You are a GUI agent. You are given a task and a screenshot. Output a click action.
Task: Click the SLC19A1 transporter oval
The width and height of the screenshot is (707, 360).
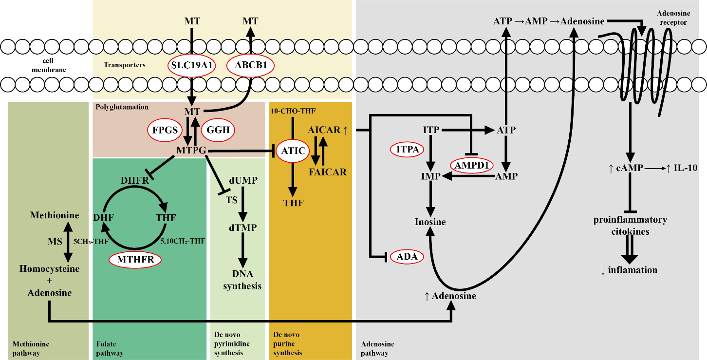tap(191, 65)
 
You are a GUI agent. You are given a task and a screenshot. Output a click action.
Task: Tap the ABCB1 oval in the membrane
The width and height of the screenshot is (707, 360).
tap(251, 65)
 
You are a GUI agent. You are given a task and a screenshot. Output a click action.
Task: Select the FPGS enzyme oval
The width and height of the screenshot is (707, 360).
tap(165, 130)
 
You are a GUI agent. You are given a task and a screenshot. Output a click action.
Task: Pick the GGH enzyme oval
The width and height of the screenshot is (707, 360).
tap(218, 130)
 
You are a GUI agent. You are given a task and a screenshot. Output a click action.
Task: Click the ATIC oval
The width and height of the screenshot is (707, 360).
tap(293, 151)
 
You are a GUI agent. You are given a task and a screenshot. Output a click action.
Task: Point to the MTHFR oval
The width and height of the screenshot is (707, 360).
tap(135, 260)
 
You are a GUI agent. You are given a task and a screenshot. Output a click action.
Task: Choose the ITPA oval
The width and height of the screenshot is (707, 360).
tap(407, 150)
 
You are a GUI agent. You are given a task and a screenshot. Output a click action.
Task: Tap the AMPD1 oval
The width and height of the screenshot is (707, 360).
tap(471, 165)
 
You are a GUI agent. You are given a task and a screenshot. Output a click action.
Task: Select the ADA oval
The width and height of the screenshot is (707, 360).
tap(407, 256)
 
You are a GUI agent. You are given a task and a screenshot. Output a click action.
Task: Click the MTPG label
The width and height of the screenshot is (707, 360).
tap(191, 151)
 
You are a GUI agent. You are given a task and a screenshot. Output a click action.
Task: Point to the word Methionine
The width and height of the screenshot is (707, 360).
tap(55, 215)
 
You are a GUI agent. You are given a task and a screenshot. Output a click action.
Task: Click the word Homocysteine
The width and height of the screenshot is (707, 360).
tap(50, 269)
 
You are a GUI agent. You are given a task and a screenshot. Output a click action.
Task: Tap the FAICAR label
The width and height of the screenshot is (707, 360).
tap(328, 172)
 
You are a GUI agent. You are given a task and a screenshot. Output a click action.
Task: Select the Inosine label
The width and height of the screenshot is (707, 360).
tap(430, 222)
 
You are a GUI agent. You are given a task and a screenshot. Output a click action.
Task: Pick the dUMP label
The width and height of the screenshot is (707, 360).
tap(243, 180)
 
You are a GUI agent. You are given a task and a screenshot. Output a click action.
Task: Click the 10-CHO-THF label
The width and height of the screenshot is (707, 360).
tap(293, 111)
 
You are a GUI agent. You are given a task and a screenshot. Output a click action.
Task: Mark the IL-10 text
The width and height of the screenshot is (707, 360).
tap(685, 168)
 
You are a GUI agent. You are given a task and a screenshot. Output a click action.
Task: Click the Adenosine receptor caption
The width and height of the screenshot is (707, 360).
tap(673, 18)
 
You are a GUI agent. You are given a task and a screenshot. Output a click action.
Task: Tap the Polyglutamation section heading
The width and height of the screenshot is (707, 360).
tap(122, 107)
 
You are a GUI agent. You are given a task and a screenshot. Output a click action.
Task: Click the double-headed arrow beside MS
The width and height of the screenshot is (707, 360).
tap(68, 242)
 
